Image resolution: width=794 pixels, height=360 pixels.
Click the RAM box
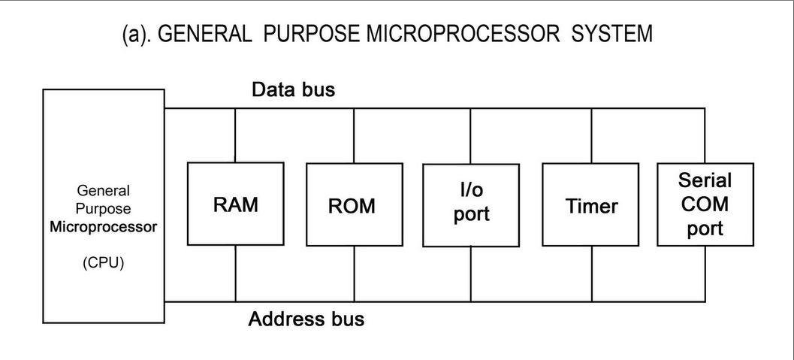[235, 204]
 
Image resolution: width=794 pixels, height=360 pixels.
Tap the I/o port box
[471, 204]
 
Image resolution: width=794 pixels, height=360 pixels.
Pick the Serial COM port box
[705, 204]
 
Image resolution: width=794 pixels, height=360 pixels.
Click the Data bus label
[293, 90]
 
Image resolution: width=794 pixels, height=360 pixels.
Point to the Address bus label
[306, 319]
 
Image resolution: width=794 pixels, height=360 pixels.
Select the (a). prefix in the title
[138, 35]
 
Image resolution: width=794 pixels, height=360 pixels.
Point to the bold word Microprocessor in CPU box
[104, 227]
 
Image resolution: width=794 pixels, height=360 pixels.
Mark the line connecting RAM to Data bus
[236, 135]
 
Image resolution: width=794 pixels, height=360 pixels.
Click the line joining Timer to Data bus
[592, 135]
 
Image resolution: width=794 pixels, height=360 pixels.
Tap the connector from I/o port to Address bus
[471, 274]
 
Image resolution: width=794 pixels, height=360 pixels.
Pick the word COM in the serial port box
[705, 204]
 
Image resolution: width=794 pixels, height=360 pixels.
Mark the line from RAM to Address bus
[236, 274]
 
